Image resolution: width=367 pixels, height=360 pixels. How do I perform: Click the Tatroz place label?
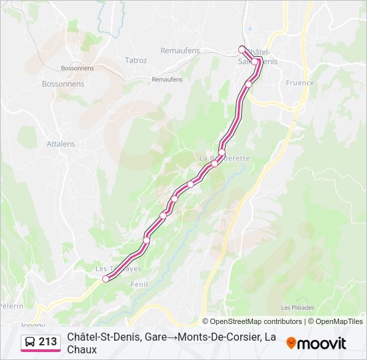(x=135, y=60)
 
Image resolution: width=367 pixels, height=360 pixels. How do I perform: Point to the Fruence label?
(x=300, y=83)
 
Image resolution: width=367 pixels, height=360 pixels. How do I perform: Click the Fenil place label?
(x=139, y=285)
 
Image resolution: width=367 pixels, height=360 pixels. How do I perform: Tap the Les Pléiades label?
(x=298, y=308)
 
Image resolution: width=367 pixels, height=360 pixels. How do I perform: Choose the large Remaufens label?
(x=180, y=50)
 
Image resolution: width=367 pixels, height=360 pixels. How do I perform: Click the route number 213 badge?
(x=48, y=342)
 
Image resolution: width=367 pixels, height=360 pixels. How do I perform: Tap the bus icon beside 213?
(x=31, y=342)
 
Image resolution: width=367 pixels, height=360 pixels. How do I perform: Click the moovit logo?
(x=316, y=343)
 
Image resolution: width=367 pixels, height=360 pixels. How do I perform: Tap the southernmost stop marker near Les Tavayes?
(x=105, y=279)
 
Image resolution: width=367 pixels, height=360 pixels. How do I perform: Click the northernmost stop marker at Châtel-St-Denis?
(x=242, y=49)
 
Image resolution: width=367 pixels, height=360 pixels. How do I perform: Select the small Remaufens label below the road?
(x=167, y=79)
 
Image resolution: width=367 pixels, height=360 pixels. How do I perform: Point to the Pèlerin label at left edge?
(x=11, y=306)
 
